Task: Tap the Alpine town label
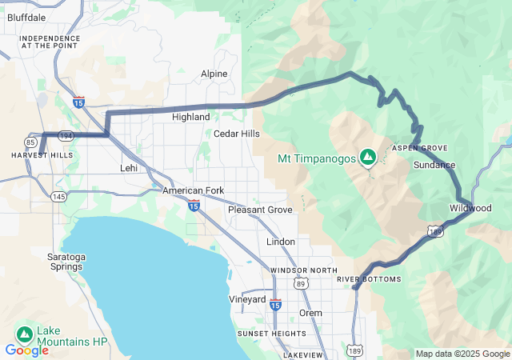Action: point(214,74)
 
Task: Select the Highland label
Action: point(191,117)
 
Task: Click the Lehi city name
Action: point(129,168)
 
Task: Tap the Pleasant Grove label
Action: point(260,210)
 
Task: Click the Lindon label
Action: point(280,242)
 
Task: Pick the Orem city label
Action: point(310,313)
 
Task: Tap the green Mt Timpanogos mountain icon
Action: point(368,158)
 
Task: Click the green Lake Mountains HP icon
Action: point(24,334)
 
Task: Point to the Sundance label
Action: point(434,165)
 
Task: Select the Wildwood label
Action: point(470,208)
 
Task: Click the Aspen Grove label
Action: point(420,149)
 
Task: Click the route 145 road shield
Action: point(58,197)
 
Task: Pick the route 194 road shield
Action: point(66,137)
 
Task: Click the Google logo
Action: point(26,350)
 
